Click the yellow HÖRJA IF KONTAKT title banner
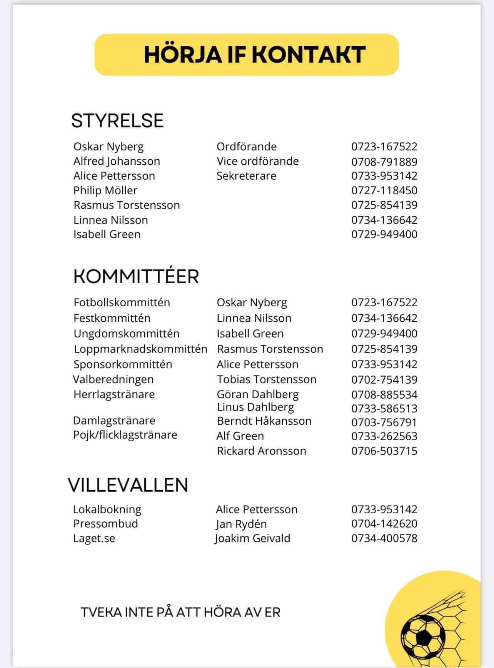click(247, 54)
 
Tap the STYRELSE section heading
click(117, 120)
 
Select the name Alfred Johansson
click(117, 161)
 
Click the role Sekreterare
click(246, 176)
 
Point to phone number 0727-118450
click(384, 190)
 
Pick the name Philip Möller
click(105, 190)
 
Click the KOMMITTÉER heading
click(136, 277)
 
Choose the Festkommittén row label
click(112, 318)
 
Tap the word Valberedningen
click(113, 379)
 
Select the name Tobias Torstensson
click(266, 379)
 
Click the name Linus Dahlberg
click(255, 407)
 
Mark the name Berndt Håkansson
click(264, 421)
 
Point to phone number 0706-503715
click(384, 451)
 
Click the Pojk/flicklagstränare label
click(125, 435)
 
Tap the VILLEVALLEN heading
click(128, 485)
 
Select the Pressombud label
click(105, 524)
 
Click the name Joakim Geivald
click(252, 538)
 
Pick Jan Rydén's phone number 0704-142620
click(384, 524)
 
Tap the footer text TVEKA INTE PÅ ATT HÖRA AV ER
click(180, 612)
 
